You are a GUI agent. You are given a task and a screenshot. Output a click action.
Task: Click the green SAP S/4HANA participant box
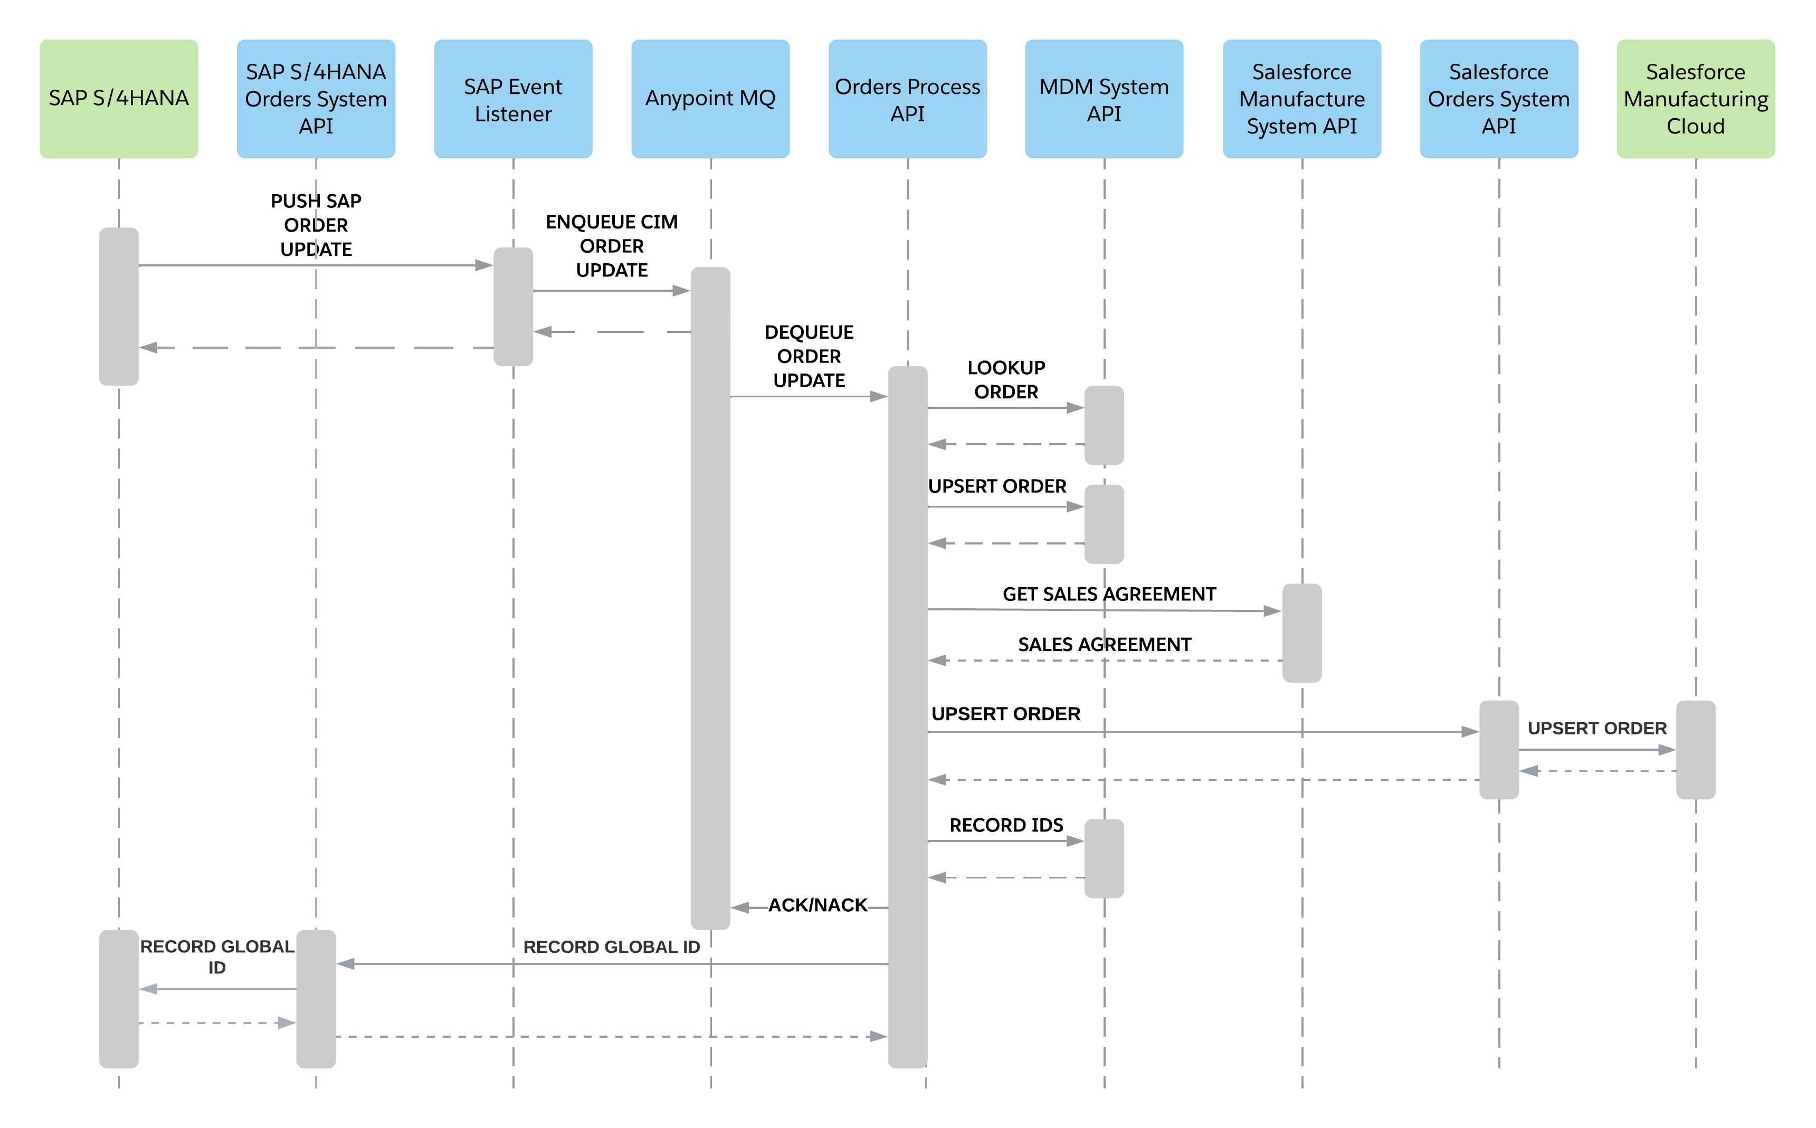click(x=119, y=99)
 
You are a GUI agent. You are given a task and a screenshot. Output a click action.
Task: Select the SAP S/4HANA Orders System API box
click(x=316, y=99)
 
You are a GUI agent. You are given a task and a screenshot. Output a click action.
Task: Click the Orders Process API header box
click(x=907, y=99)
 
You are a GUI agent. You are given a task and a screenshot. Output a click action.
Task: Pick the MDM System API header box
click(x=1104, y=99)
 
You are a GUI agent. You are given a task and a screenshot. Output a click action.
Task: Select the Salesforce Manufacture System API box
click(x=1301, y=99)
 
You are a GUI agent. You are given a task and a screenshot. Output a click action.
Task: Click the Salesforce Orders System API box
click(x=1498, y=99)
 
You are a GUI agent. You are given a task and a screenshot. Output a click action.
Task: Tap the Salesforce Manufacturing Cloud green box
click(x=1695, y=99)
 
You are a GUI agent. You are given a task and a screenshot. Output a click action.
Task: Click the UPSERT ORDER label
click(x=1596, y=728)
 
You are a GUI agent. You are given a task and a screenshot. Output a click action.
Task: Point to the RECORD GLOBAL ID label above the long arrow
click(x=612, y=947)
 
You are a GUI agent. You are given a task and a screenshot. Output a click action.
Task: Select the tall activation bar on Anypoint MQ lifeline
click(x=710, y=597)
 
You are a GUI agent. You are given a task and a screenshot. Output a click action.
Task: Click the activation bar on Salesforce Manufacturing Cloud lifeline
click(x=1695, y=749)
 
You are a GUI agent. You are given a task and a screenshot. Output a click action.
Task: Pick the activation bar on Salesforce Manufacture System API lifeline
click(x=1302, y=633)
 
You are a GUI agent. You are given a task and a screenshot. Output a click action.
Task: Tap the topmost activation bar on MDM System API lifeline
click(x=1104, y=425)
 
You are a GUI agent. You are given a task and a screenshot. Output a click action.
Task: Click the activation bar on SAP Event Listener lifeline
click(x=514, y=306)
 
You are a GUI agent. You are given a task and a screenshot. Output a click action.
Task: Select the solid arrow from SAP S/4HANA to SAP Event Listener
click(x=313, y=265)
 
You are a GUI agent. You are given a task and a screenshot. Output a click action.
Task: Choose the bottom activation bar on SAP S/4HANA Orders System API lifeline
click(x=316, y=998)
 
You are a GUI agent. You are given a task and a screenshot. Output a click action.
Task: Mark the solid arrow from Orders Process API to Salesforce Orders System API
click(x=1201, y=732)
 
